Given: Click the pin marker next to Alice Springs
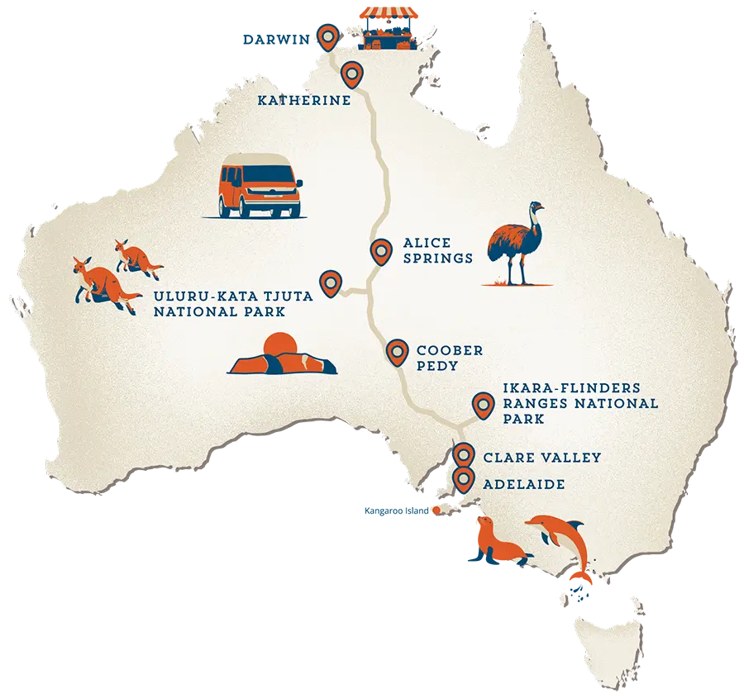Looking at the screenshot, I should click(x=381, y=249).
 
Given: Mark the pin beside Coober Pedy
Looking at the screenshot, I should click(x=398, y=351).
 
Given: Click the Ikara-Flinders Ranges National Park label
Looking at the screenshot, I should click(x=580, y=403).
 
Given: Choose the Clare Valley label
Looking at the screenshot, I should click(x=541, y=457).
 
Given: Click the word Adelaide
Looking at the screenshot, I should click(x=524, y=484).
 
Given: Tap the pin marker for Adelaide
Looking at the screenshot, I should click(x=463, y=477).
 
